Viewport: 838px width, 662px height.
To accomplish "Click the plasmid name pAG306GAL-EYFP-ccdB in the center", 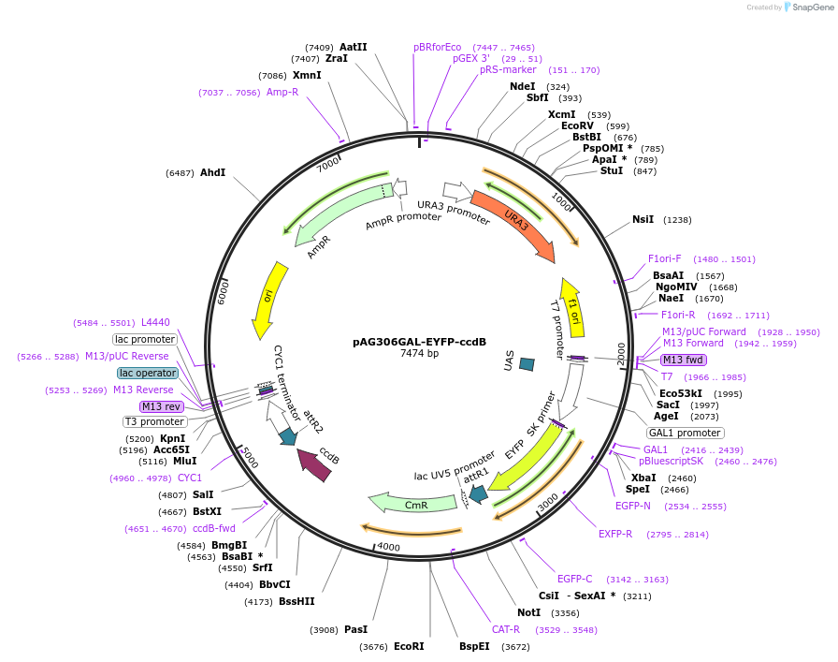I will point(419,342).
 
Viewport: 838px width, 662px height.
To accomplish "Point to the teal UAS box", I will point(527,363).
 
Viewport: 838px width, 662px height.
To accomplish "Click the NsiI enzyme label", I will point(643,219).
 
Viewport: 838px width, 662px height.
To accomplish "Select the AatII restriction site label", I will point(354,47).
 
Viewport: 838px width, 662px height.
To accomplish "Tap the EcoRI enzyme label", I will point(409,646).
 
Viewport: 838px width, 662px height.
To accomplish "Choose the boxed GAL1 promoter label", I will point(686,433).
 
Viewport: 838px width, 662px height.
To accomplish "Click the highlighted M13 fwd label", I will point(683,360).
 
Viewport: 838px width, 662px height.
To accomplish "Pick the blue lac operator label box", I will point(148,373).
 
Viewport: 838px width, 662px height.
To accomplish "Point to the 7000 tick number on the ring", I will point(329,164).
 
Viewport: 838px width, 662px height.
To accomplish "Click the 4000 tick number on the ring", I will point(387,547).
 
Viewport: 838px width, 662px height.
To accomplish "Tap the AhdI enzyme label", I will point(213,172).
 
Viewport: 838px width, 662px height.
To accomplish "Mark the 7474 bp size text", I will point(419,354).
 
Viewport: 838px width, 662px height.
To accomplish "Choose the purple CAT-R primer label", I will point(506,629).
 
